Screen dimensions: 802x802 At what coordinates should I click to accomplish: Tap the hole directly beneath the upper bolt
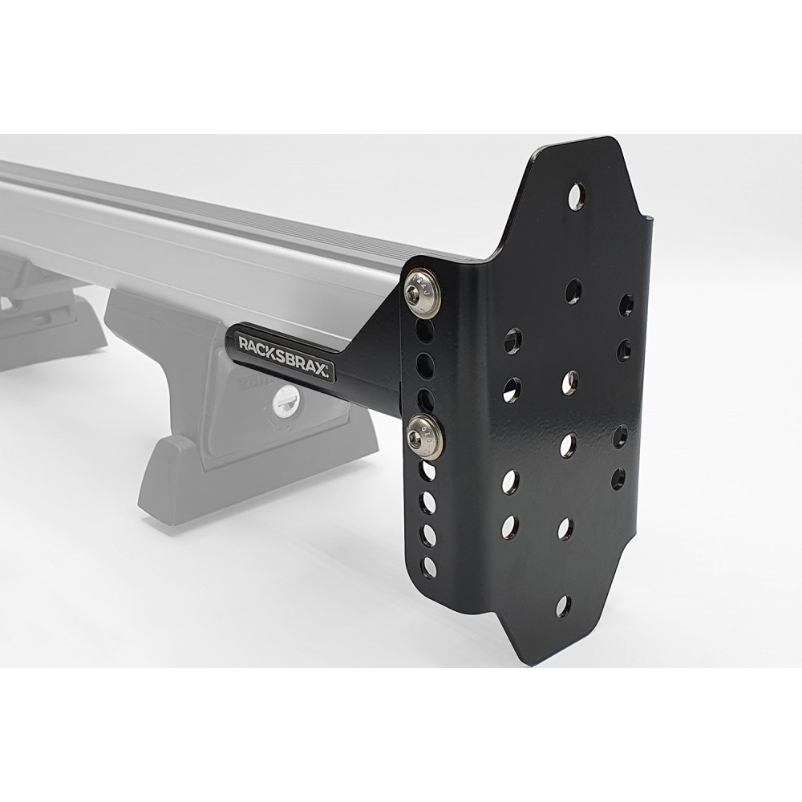pyautogui.click(x=425, y=330)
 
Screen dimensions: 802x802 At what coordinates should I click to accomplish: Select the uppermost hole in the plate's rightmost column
pyautogui.click(x=626, y=304)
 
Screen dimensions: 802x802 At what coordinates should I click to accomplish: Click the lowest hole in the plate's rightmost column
pyautogui.click(x=618, y=479)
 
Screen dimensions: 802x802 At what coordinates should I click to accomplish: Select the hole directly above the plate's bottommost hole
pyautogui.click(x=565, y=528)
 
